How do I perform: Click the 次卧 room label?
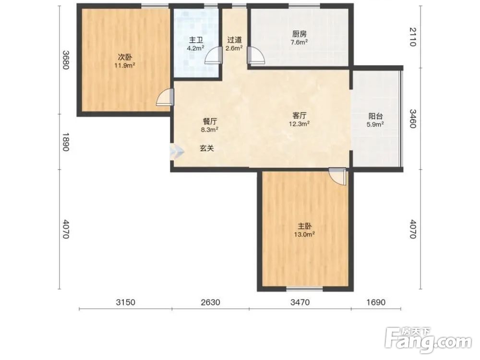pos(125,57)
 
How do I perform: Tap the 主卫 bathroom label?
pos(196,40)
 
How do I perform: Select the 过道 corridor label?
pos(235,40)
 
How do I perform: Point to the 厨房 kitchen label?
pos(299,34)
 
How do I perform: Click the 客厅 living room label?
pos(299,115)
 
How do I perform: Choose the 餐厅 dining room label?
pos(210,121)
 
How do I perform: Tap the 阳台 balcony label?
pos(375,116)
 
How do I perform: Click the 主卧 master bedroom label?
pos(305,226)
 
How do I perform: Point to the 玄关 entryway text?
pos(206,148)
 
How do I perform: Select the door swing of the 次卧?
pos(165,97)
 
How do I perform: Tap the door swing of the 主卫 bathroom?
pos(214,55)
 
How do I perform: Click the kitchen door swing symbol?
pos(256,55)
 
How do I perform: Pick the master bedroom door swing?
pos(337,177)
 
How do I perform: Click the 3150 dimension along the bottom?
pos(125,302)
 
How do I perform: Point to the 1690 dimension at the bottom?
pos(376,302)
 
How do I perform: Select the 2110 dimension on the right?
pos(413,37)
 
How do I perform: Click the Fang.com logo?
pos(428,340)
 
